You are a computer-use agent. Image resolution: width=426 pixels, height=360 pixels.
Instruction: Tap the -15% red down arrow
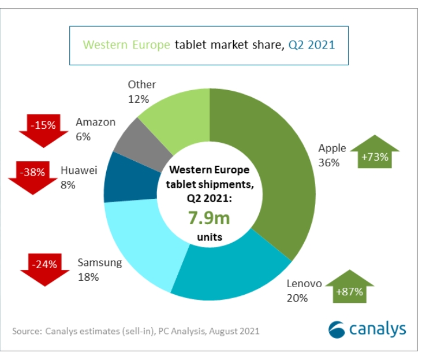coord(44,128)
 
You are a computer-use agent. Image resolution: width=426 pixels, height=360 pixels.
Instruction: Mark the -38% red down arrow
coord(32,175)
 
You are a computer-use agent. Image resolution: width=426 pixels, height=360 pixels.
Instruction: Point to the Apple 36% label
coord(332,155)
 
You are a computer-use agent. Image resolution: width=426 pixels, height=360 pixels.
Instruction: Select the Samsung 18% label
coord(99,270)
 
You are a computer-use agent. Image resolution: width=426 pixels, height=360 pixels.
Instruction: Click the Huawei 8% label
coord(79,177)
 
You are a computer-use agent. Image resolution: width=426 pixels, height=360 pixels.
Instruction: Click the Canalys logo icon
coord(337,329)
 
